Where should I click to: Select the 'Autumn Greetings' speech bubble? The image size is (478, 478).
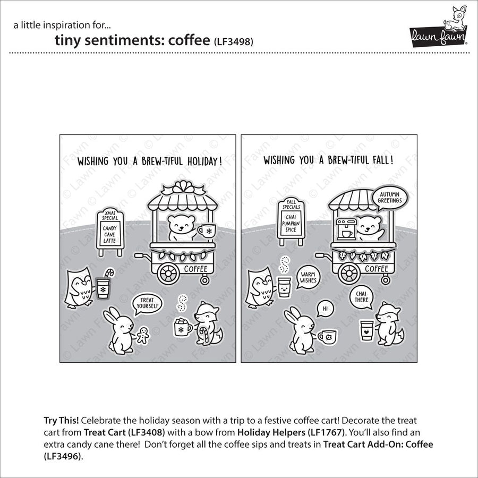[390, 198]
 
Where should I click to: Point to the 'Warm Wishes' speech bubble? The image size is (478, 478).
[307, 276]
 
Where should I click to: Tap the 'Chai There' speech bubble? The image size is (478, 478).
[361, 296]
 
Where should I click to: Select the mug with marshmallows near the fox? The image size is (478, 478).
[182, 328]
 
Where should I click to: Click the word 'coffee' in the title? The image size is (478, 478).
[187, 41]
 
